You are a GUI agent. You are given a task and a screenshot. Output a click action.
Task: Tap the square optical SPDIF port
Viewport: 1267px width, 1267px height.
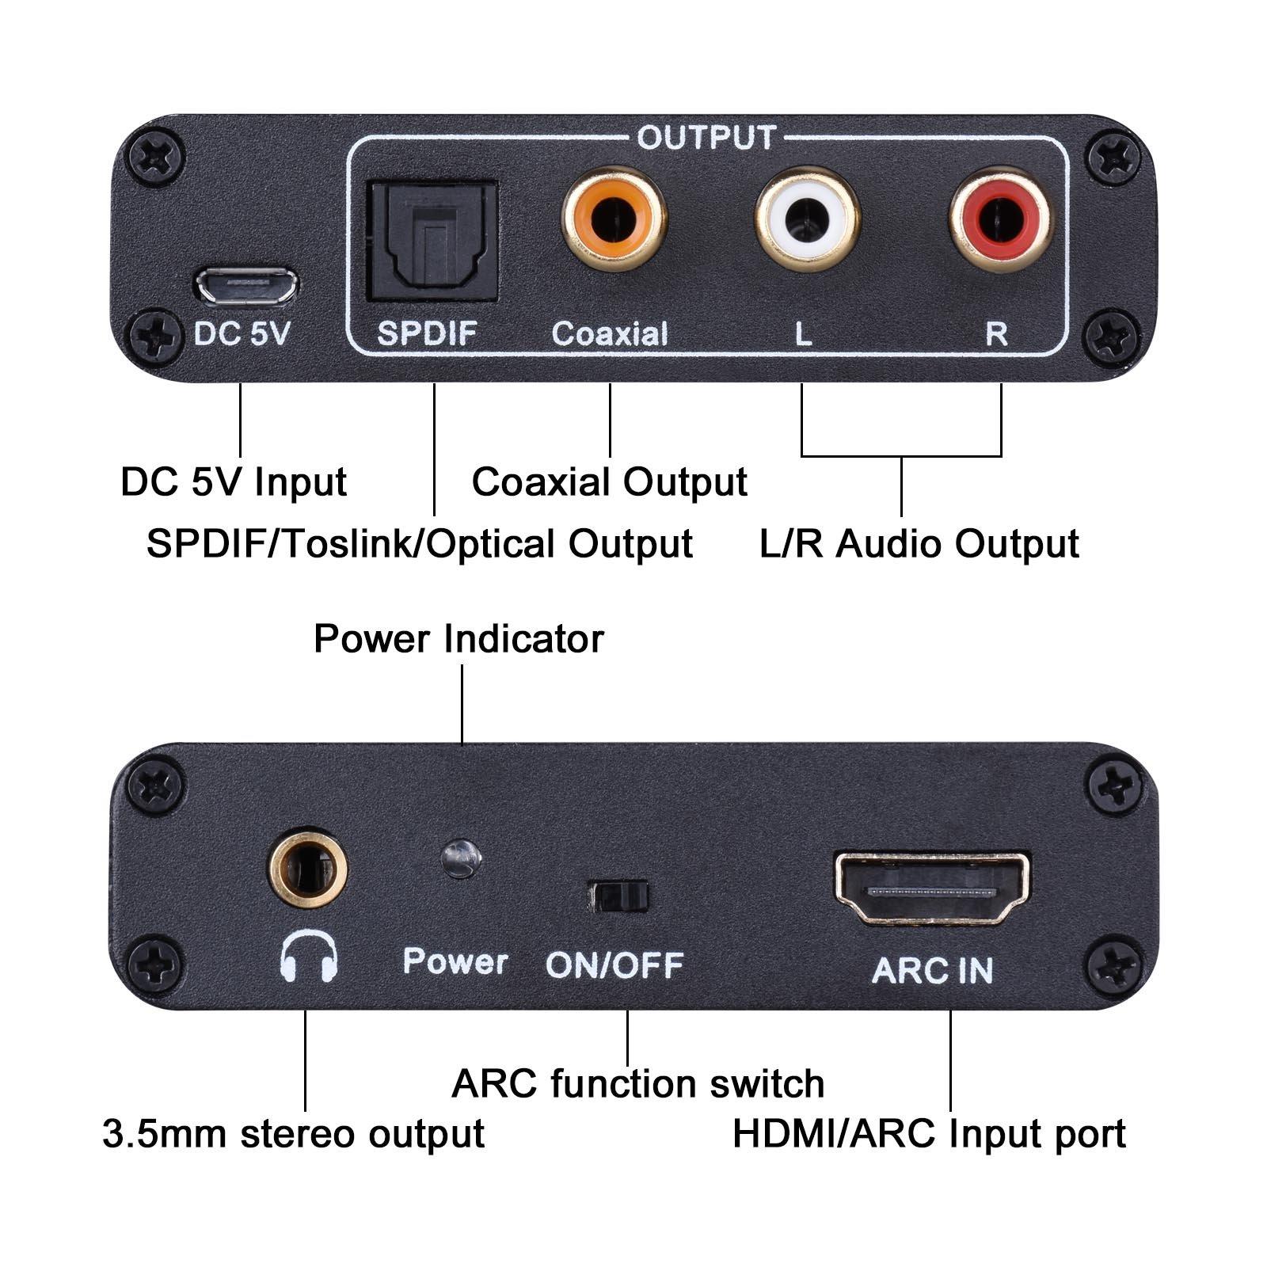tap(432, 241)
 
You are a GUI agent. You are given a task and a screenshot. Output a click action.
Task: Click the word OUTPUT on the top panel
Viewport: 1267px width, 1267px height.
tap(706, 138)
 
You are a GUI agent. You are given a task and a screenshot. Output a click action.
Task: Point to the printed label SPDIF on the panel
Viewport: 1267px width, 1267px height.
tap(427, 333)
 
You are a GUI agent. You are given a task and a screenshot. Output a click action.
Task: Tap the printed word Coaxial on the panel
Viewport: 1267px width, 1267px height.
tap(610, 333)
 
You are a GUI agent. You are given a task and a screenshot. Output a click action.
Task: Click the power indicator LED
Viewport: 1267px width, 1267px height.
tap(461, 858)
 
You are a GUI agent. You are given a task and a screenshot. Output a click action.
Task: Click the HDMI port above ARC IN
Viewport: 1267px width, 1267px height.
tap(932, 888)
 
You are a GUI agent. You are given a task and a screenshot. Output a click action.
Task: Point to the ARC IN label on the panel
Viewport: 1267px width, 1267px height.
tap(932, 971)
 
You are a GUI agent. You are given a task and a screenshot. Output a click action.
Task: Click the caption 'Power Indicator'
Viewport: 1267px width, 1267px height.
tap(458, 639)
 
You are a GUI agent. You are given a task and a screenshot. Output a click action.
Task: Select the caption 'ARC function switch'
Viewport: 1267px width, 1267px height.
tap(637, 1083)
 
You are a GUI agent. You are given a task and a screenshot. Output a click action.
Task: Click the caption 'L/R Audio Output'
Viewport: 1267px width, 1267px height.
tap(919, 544)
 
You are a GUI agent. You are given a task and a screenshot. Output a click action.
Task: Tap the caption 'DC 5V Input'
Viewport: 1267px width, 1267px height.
tap(234, 481)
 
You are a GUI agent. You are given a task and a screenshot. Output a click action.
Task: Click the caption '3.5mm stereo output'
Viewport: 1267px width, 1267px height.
tap(293, 1133)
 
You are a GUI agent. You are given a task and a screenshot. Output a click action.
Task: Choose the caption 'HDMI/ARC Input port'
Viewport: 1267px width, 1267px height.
tap(928, 1133)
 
